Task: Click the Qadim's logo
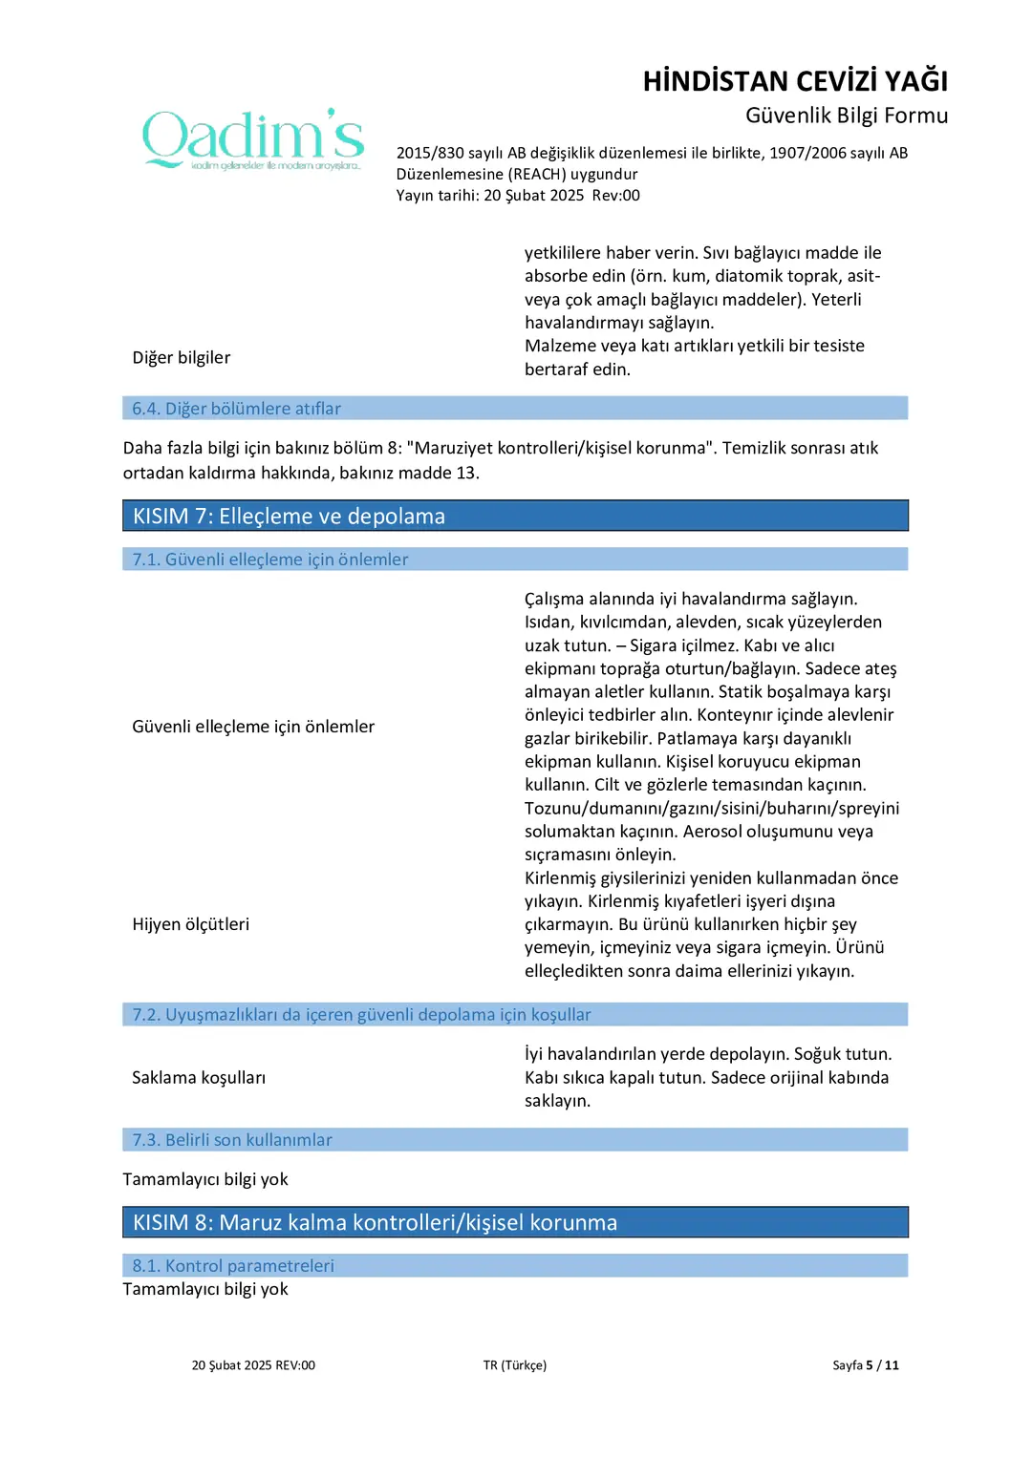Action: pyautogui.click(x=253, y=139)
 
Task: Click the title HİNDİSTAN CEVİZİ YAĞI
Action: pyautogui.click(x=795, y=81)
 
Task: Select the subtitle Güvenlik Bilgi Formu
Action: pyautogui.click(x=847, y=116)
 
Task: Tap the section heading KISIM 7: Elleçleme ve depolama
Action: pyautogui.click(x=289, y=517)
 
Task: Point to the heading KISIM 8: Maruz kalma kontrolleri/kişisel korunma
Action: pyautogui.click(x=375, y=1223)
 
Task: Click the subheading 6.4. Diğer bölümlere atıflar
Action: pyautogui.click(x=236, y=409)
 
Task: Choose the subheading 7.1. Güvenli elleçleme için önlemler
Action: pyautogui.click(x=270, y=560)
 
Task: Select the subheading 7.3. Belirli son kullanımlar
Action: pyautogui.click(x=232, y=1140)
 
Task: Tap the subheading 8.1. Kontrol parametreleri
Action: pyautogui.click(x=233, y=1266)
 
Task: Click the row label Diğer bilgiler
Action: pyautogui.click(x=182, y=358)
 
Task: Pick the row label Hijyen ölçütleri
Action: pyautogui.click(x=191, y=924)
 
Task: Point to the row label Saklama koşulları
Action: pyautogui.click(x=199, y=1078)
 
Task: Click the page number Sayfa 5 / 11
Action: pyautogui.click(x=866, y=1365)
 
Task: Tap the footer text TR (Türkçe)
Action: pyautogui.click(x=515, y=1365)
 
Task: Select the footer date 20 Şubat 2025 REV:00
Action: pyautogui.click(x=253, y=1365)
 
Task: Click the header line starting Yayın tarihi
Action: pyautogui.click(x=518, y=196)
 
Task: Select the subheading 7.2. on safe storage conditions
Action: pyautogui.click(x=361, y=1015)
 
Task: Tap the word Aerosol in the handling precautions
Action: pyautogui.click(x=713, y=832)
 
